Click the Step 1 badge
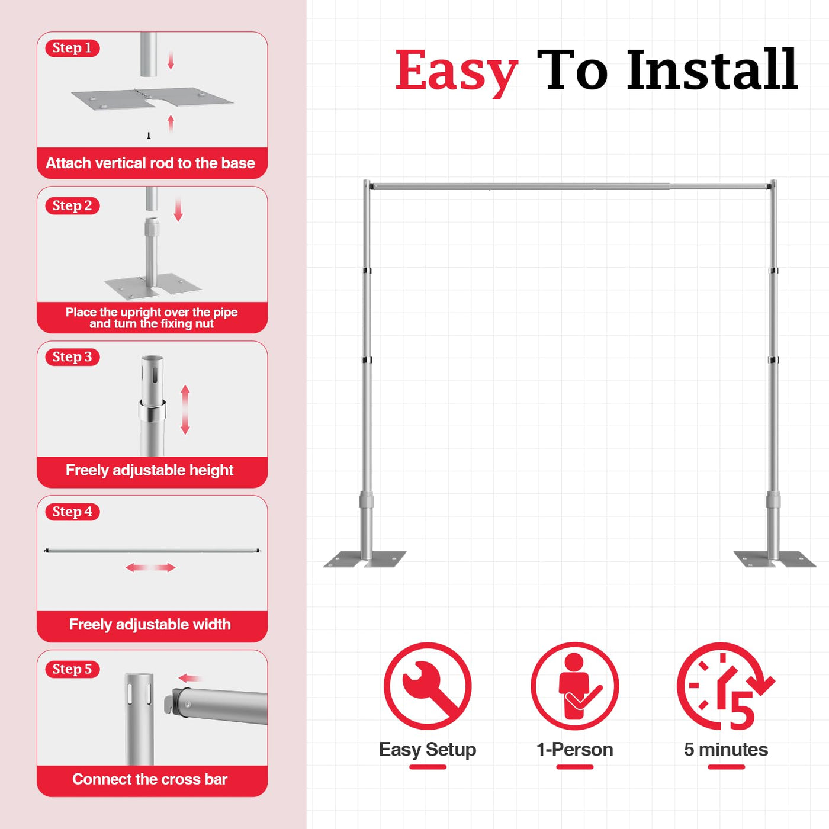[72, 48]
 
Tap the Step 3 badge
[72, 357]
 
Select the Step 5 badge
[72, 669]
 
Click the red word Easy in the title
[456, 71]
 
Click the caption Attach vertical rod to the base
[150, 163]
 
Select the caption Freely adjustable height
[150, 470]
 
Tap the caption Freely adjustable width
[150, 625]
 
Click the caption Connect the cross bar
[150, 779]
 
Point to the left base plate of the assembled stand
[365, 558]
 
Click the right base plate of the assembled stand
[775, 558]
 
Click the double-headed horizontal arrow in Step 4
[150, 568]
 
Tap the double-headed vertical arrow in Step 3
[185, 410]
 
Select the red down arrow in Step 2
[178, 210]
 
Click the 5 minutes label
[726, 750]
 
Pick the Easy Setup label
[428, 750]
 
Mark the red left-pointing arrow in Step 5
[190, 679]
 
